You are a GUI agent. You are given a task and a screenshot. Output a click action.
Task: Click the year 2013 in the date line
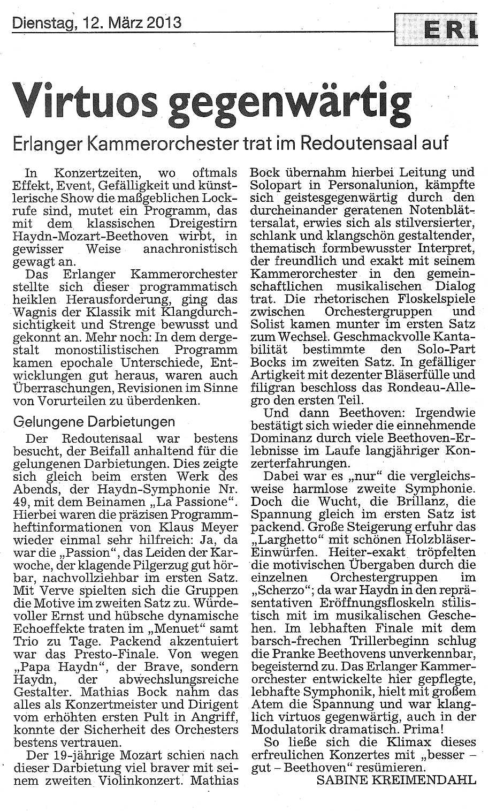point(162,22)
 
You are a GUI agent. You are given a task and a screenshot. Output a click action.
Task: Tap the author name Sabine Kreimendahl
point(396,780)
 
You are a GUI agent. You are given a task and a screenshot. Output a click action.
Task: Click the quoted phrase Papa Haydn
point(64,667)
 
